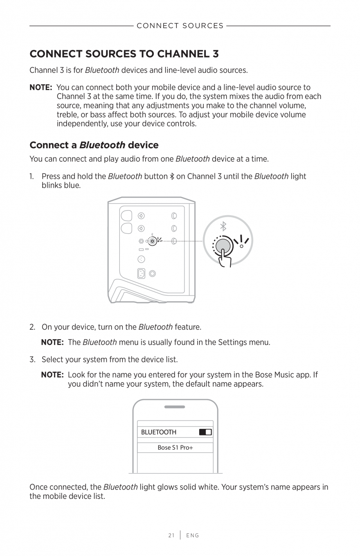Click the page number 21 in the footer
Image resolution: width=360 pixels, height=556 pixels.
tap(171, 535)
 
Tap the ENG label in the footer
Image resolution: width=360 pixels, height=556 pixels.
tap(193, 535)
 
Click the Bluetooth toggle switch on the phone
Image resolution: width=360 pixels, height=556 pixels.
tap(205, 432)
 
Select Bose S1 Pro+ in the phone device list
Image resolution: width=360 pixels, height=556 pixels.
tap(175, 447)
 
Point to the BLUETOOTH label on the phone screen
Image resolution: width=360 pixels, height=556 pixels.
tap(158, 432)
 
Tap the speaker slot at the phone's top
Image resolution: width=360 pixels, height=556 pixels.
tap(175, 407)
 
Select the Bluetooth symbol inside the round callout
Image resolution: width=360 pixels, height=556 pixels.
tap(223, 227)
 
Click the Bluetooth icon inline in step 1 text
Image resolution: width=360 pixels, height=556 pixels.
tap(172, 176)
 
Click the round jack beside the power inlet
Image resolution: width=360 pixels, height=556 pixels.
tap(152, 274)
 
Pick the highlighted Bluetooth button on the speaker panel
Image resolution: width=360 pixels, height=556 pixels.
tap(153, 241)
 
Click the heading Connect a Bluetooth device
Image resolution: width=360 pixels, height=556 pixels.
tap(94, 145)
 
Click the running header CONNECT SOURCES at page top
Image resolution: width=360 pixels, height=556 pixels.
tap(180, 26)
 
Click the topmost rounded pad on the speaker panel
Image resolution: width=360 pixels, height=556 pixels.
tap(126, 216)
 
